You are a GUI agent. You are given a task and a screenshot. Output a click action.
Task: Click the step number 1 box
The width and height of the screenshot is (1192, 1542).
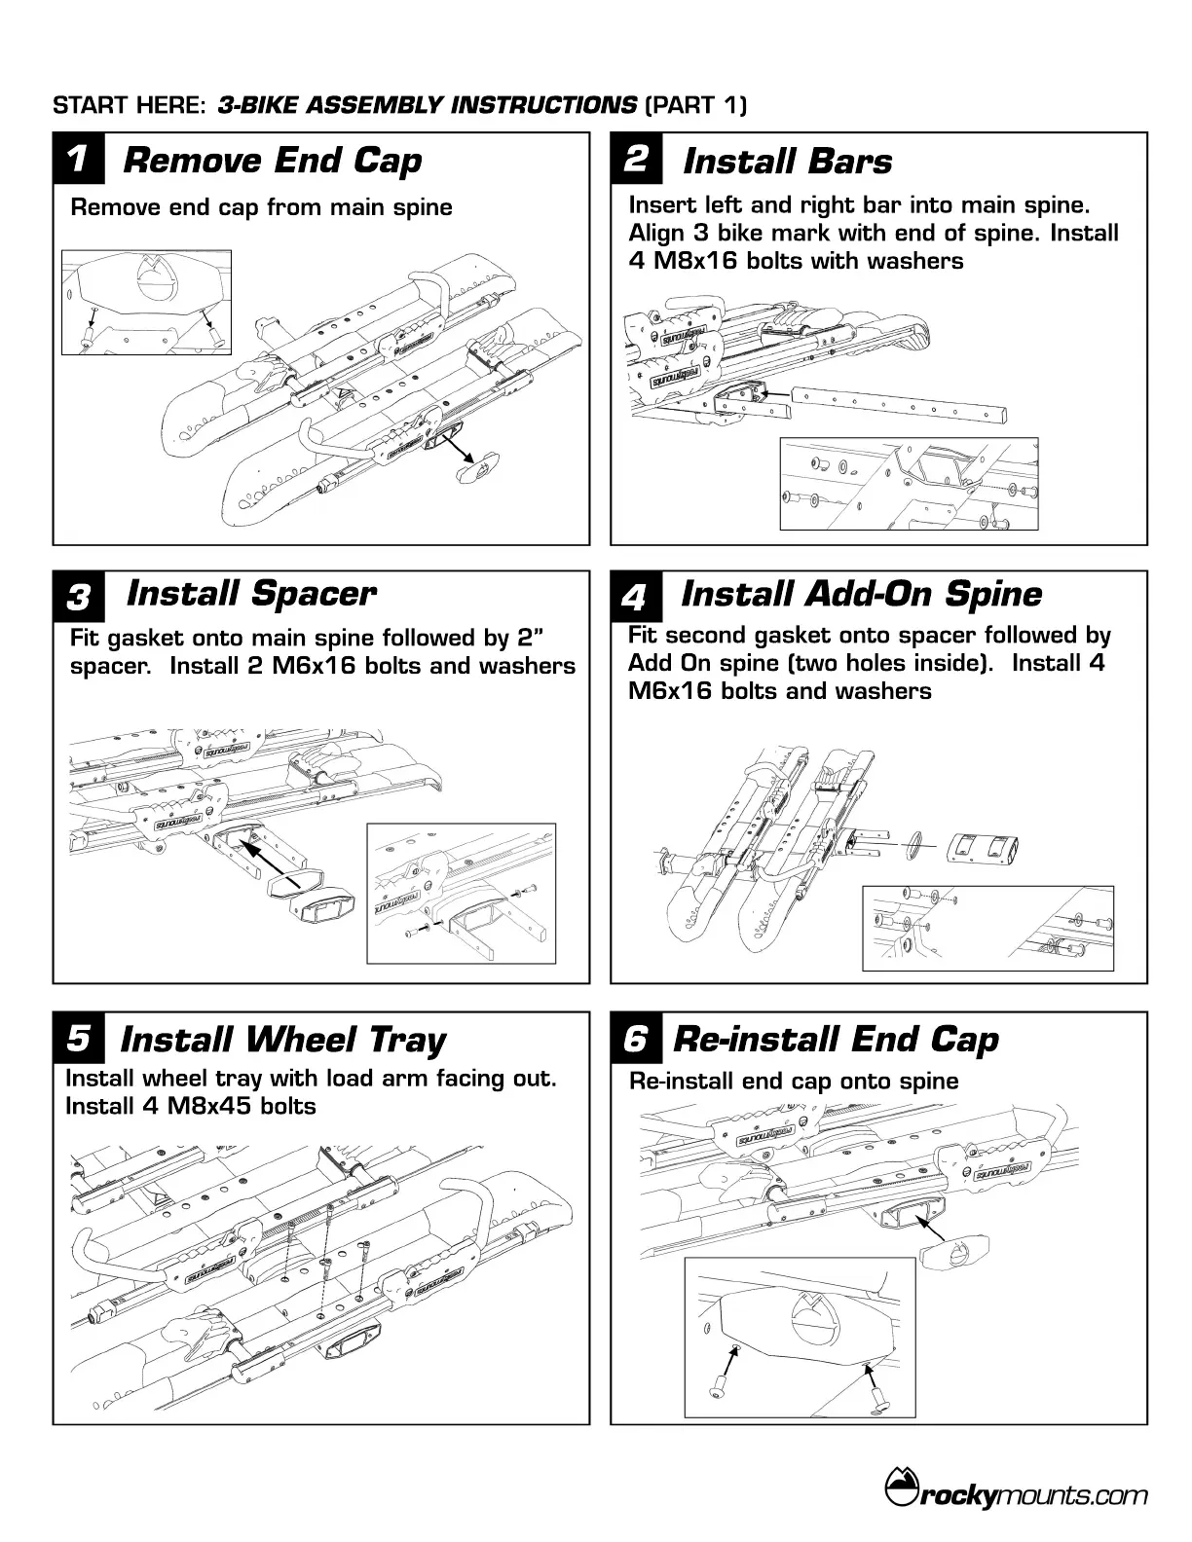(78, 159)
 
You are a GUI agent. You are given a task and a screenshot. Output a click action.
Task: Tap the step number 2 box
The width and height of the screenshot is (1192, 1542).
(635, 159)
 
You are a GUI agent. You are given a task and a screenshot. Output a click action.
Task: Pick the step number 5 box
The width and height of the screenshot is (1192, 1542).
(78, 1038)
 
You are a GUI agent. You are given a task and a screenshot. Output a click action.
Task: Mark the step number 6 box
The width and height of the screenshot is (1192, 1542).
(635, 1038)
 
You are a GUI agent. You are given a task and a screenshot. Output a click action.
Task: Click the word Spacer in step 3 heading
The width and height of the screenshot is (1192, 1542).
(314, 593)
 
